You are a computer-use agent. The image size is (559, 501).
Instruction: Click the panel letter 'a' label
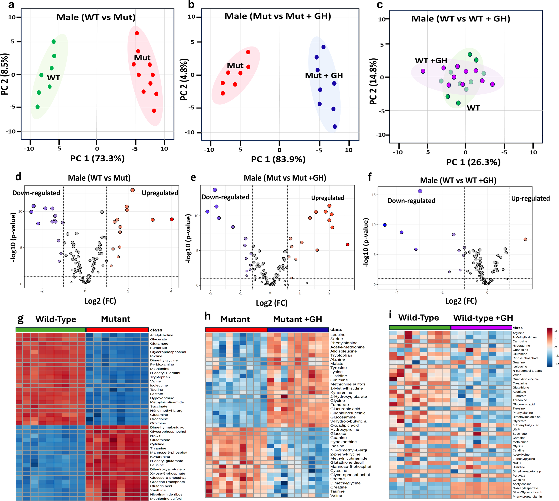11,5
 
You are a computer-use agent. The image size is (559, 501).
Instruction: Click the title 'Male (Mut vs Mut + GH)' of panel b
278,16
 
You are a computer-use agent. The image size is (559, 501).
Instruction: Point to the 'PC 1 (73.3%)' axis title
97,159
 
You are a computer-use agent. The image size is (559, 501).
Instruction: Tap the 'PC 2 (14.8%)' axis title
373,81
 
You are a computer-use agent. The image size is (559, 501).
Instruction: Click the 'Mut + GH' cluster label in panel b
324,75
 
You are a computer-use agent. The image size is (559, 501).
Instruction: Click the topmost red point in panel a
137,33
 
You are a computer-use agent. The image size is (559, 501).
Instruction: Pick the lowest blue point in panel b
335,127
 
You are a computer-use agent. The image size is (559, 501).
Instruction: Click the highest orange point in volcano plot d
132,190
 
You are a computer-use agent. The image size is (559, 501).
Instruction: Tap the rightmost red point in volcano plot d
172,219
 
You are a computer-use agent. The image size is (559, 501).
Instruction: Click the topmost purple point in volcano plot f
420,191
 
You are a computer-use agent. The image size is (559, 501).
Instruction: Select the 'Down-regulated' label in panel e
225,197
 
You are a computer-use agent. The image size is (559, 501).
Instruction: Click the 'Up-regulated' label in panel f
530,198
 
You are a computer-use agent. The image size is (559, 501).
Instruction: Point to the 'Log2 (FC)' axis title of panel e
272,303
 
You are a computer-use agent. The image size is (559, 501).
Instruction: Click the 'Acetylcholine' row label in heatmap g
162,335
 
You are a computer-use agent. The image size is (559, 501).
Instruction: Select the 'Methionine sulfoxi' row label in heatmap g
166,499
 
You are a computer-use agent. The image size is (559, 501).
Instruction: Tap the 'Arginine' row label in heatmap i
518,333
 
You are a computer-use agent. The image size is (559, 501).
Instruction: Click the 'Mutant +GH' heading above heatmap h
298,319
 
